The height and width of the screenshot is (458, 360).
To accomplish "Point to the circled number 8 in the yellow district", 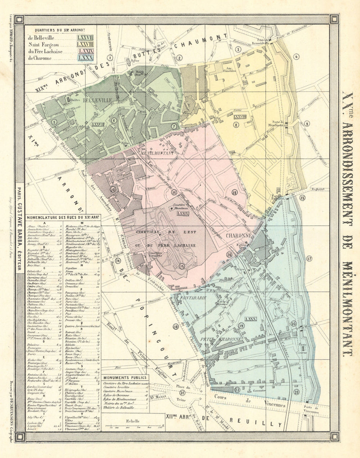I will click(x=236, y=125).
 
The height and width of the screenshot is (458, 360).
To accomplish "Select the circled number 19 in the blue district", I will click(x=241, y=326).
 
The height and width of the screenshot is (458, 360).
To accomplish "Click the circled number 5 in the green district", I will click(x=55, y=122).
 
